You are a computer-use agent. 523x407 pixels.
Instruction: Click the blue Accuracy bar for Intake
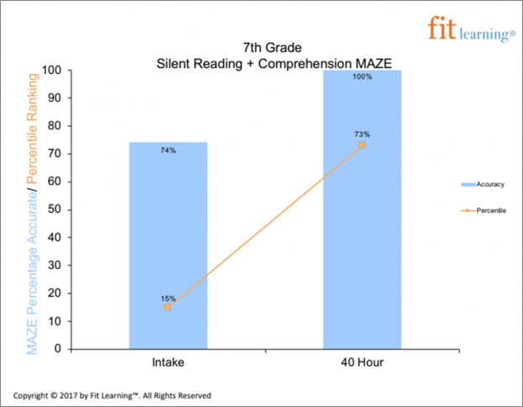point(168,244)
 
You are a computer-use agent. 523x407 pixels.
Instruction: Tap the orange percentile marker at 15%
point(168,307)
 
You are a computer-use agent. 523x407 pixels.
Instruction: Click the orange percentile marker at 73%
point(362,145)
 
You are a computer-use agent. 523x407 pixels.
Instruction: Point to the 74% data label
point(168,151)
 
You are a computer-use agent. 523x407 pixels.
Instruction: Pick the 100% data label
point(362,77)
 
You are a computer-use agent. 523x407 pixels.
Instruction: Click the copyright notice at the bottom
point(112,394)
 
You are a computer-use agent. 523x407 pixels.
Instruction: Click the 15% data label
point(168,298)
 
